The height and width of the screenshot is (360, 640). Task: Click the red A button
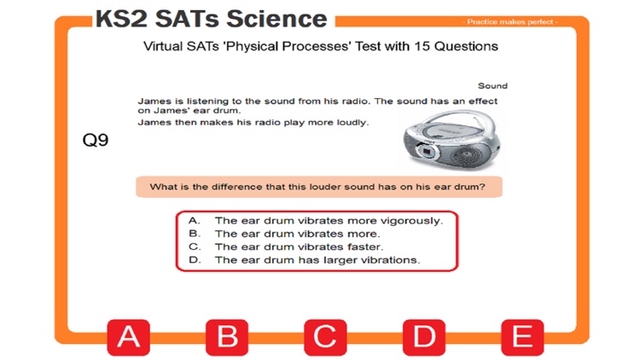coord(128,337)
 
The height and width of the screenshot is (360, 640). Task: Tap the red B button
coord(227,337)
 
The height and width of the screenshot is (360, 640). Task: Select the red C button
coord(325,337)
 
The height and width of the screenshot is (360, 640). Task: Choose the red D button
coord(424,337)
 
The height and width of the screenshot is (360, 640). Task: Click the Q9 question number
coord(96,142)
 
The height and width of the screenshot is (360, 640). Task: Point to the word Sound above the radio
coord(492,86)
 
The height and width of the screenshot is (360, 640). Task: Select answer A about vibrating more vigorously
coord(329,220)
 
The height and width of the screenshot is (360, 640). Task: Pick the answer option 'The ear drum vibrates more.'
coord(297,233)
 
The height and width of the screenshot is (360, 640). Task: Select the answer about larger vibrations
coord(317,259)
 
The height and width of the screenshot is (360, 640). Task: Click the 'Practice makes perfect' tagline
coord(510,21)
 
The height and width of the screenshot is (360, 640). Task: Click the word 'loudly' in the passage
coord(351,122)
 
